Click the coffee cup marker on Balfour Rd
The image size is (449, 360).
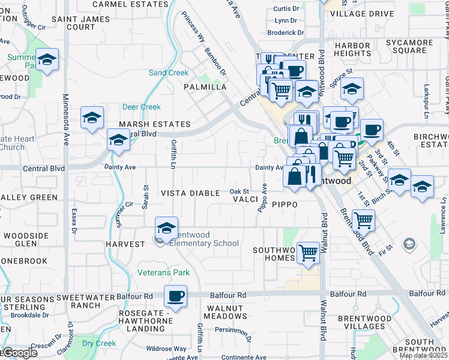point(175,296)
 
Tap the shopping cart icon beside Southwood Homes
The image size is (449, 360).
point(308,253)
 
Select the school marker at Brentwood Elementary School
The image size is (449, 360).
point(167,227)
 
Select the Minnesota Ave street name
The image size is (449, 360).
point(65,120)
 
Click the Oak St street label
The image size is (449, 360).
point(240,191)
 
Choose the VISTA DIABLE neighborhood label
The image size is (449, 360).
point(191,193)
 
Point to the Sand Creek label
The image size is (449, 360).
point(169,73)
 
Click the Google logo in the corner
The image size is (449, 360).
point(19,353)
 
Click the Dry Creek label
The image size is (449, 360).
point(99,343)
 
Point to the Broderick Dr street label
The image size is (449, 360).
point(286,33)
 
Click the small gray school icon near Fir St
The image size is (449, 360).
point(409,244)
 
